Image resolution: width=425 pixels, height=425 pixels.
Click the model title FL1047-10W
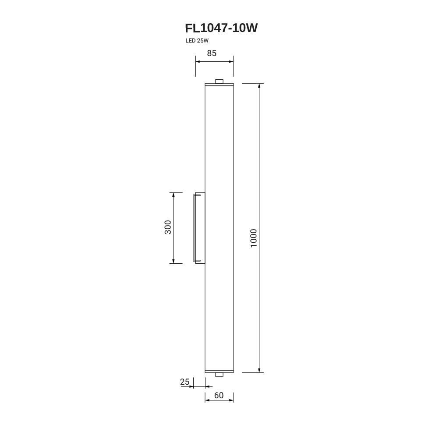pyautogui.click(x=221, y=28)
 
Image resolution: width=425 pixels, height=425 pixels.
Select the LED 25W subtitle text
pyautogui.click(x=197, y=41)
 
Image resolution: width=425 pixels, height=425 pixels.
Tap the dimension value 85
pyautogui.click(x=212, y=53)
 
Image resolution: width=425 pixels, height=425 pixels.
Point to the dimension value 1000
pyautogui.click(x=253, y=238)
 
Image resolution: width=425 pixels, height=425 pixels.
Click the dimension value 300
pyautogui.click(x=168, y=227)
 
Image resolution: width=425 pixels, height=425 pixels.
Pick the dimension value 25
pyautogui.click(x=184, y=382)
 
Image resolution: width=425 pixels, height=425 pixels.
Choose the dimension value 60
pyautogui.click(x=219, y=396)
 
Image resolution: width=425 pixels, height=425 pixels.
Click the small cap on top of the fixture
pyautogui.click(x=219, y=81)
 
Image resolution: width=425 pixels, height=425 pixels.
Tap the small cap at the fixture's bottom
pyautogui.click(x=219, y=375)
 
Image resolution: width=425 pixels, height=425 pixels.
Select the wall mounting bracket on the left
pyautogui.click(x=199, y=228)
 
